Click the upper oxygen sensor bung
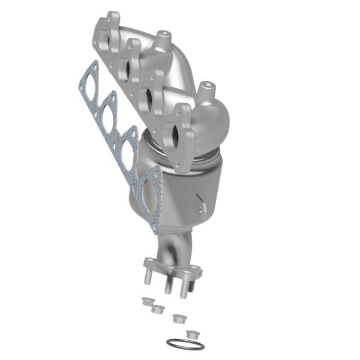tap(162, 40)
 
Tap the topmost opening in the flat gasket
tap(91, 85)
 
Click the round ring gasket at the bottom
tap(185, 344)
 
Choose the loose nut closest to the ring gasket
tap(193, 333)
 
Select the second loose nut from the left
tap(158, 308)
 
